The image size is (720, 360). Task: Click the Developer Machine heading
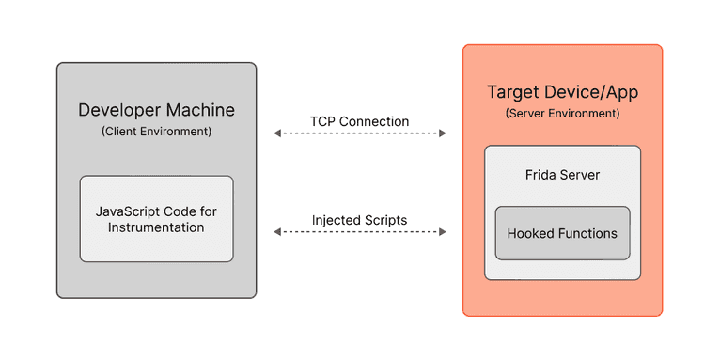156,110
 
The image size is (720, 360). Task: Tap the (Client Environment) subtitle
156,132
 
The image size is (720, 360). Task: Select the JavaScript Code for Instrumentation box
156,218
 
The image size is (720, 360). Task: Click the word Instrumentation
156,227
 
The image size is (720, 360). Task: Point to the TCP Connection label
359,121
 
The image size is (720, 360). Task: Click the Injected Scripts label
359,220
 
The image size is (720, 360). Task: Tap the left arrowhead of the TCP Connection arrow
277,133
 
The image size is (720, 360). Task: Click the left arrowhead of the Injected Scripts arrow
277,231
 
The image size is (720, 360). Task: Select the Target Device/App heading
562,92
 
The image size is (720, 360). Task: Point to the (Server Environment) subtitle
562,113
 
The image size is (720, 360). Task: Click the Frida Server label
562,175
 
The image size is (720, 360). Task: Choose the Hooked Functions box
562,233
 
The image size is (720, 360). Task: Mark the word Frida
542,175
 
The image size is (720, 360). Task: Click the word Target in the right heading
511,92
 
